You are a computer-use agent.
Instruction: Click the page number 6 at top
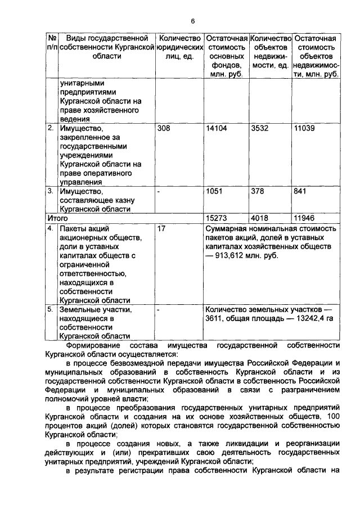192,21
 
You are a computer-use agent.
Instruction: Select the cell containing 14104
216,128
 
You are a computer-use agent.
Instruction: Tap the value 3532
260,128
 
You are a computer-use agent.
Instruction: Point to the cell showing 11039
306,128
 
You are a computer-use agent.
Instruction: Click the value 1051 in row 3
214,191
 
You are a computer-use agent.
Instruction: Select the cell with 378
258,191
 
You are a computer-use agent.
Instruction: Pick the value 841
301,191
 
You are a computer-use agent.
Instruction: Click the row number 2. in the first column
50,128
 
